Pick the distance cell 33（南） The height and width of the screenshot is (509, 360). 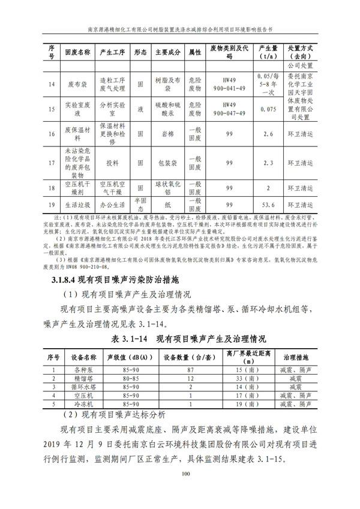(247, 379)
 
